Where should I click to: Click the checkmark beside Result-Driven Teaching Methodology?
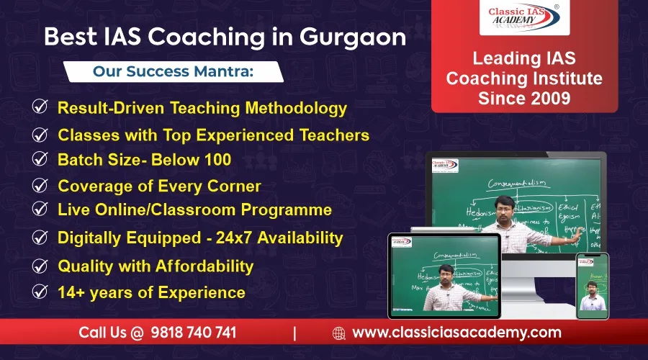[40, 107]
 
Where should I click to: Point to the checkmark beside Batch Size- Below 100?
[40, 159]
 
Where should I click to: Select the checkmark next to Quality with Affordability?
[40, 266]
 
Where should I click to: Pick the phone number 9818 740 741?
[193, 333]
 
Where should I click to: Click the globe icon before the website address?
[339, 333]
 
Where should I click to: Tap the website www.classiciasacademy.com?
[456, 333]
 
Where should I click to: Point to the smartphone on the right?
[592, 286]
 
